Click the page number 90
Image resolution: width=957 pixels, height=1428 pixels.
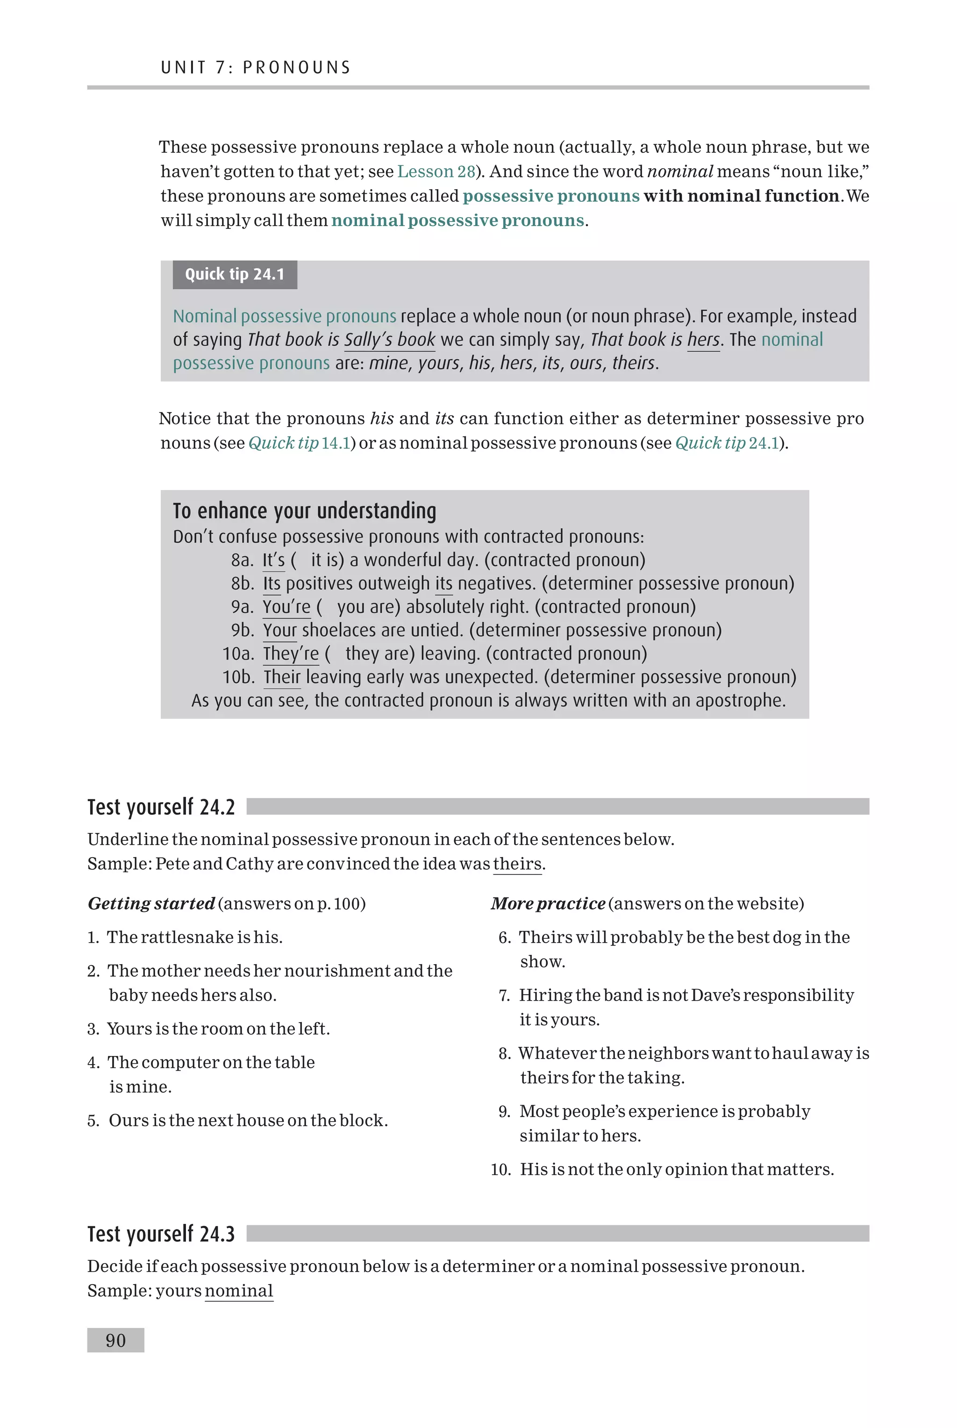pyautogui.click(x=115, y=1340)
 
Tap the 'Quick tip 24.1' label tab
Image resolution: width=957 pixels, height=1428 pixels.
pyautogui.click(x=235, y=275)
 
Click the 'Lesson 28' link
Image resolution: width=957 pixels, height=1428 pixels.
pyautogui.click(x=436, y=171)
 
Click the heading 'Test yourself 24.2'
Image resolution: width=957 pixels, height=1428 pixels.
pyautogui.click(x=161, y=806)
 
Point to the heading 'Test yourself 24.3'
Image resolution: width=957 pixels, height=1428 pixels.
pyautogui.click(x=161, y=1233)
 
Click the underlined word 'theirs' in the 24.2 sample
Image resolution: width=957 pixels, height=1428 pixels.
pyautogui.click(x=517, y=864)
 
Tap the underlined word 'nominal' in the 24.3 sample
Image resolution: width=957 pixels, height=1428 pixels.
pyautogui.click(x=239, y=1291)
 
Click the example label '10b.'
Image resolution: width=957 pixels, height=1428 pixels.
pyautogui.click(x=237, y=677)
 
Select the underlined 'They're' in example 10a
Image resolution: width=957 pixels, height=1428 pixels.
pyautogui.click(x=291, y=654)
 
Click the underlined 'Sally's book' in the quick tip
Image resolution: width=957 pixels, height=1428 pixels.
pyautogui.click(x=389, y=340)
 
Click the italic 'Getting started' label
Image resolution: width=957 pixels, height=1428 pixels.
pyautogui.click(x=151, y=903)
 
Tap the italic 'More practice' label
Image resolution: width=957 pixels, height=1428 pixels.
pyautogui.click(x=548, y=903)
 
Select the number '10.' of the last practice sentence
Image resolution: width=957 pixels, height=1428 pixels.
pyautogui.click(x=500, y=1169)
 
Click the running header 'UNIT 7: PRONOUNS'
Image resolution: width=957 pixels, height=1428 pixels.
pyautogui.click(x=256, y=67)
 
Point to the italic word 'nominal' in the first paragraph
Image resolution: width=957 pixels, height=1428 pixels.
pyautogui.click(x=679, y=171)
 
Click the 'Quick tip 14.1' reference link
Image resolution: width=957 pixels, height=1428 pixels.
pyautogui.click(x=299, y=443)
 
